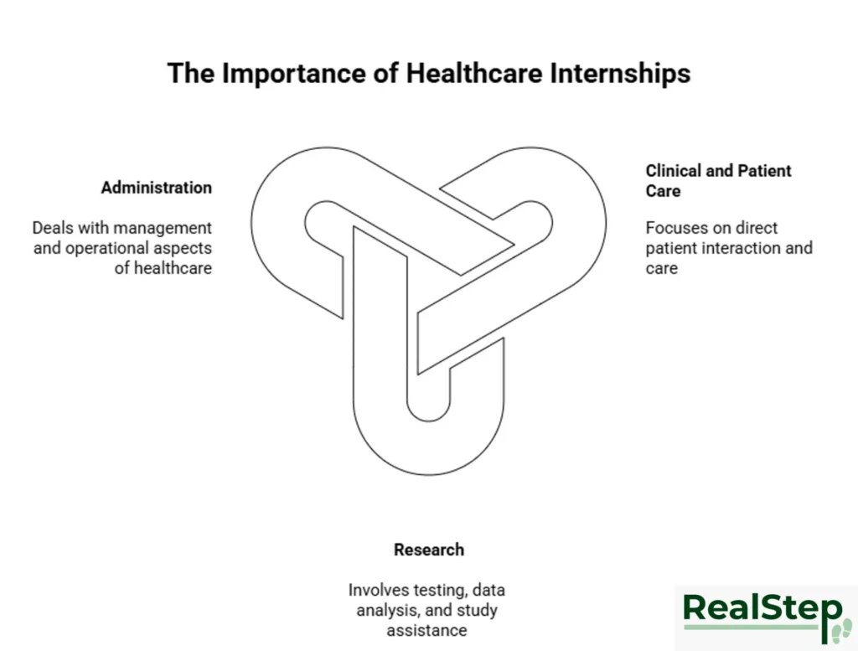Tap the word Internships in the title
pyautogui.click(x=621, y=73)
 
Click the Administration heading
pyautogui.click(x=157, y=188)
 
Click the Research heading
pyautogui.click(x=429, y=550)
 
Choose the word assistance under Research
pyautogui.click(x=426, y=630)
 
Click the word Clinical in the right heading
pyautogui.click(x=674, y=171)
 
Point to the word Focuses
pyautogui.click(x=675, y=228)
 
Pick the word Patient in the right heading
pyautogui.click(x=764, y=171)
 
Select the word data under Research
pyautogui.click(x=488, y=591)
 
